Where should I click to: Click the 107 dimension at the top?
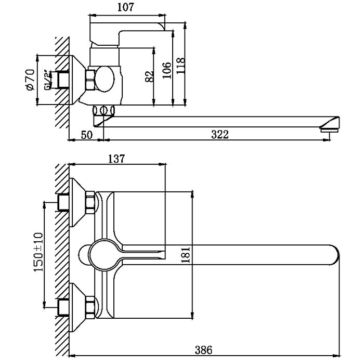click(x=125, y=7)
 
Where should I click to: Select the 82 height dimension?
click(x=150, y=76)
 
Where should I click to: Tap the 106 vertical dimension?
click(x=166, y=70)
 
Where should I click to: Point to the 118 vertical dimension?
click(x=180, y=67)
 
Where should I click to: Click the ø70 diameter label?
click(x=30, y=80)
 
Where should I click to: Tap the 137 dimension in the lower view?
click(x=115, y=159)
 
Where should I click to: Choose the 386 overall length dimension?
click(x=204, y=350)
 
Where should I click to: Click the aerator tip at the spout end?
click(x=329, y=127)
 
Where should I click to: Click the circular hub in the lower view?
click(x=103, y=255)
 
